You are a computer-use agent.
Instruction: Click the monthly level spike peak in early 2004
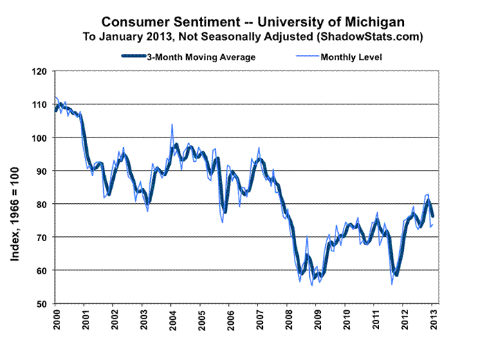pos(172,125)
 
